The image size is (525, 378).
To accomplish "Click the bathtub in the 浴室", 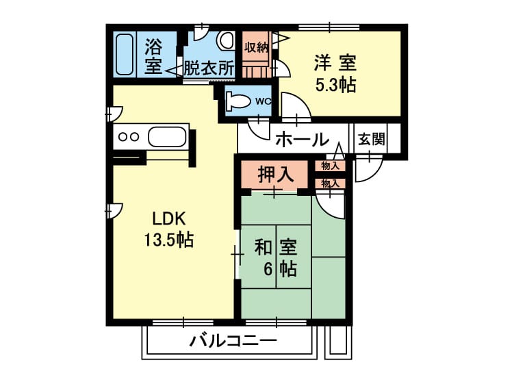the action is pos(125,54).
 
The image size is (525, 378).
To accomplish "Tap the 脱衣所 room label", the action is pos(209,68).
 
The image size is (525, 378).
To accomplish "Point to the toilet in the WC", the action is pos(238,101).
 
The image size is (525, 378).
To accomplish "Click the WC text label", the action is pos(263,101).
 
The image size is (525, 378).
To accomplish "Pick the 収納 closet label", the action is pos(256,47).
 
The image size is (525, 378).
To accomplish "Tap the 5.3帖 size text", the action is pos(335,85).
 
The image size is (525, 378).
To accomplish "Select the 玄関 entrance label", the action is pos(371,139).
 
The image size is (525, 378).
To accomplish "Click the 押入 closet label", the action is pos(276,174).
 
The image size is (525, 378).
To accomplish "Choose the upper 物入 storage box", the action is pos(330,166).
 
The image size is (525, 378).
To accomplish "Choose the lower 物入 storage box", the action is pos(330,184).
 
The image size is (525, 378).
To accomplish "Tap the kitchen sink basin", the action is pos(167,136).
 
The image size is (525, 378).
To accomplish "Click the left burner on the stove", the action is pos(123,137).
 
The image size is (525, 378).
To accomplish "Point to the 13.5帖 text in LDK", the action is pos(169,240).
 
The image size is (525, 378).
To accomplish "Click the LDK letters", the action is pos(169,219).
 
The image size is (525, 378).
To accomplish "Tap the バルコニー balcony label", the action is pos(233,341).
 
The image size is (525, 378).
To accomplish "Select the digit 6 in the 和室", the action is pos(268,268).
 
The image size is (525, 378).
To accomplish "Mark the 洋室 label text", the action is pos(335,63).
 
